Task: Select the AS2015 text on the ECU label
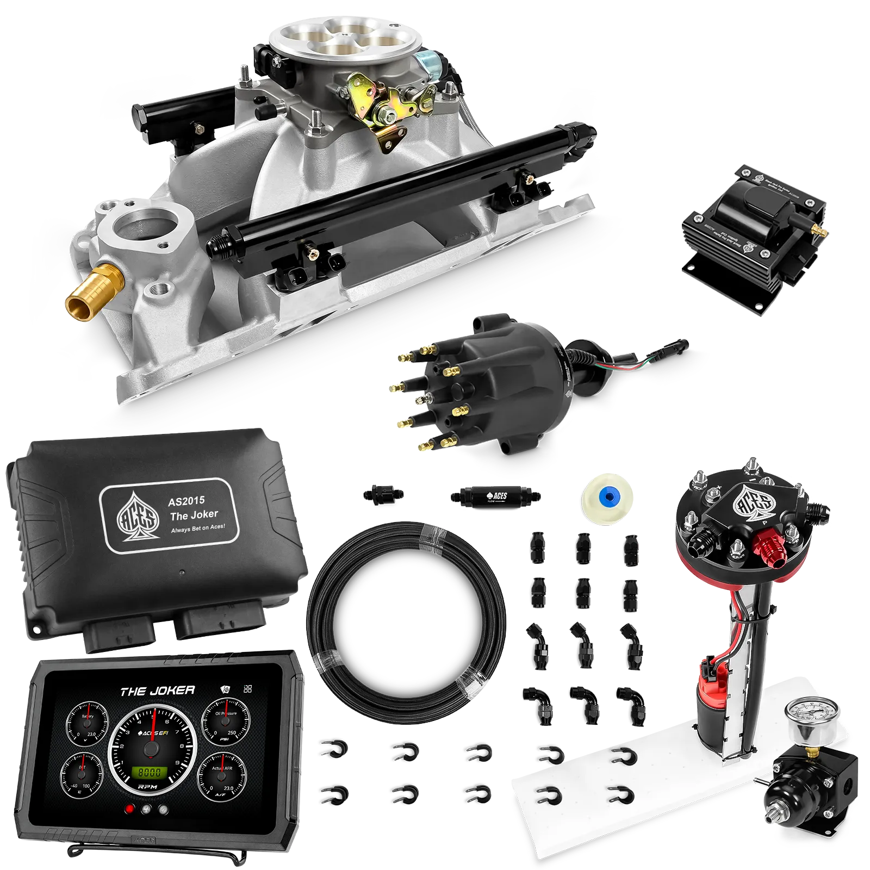click(x=186, y=501)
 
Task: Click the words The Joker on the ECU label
click(x=194, y=514)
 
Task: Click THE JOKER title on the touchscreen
click(x=157, y=691)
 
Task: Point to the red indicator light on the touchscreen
click(x=129, y=809)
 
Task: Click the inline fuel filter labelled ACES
click(x=495, y=496)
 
